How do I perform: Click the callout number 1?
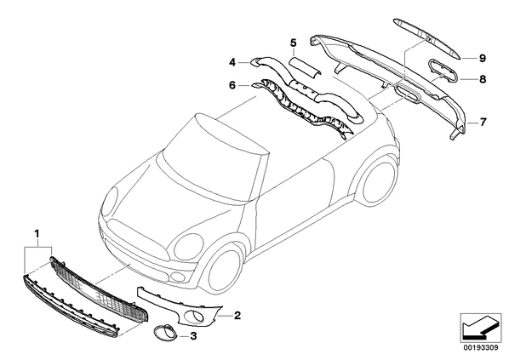click(37, 233)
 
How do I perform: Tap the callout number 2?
click(237, 315)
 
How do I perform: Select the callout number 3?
click(193, 336)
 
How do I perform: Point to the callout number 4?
click(232, 62)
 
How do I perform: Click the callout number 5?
click(294, 43)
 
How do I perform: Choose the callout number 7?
click(483, 123)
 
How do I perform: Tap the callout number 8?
click(483, 79)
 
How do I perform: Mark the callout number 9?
click(483, 59)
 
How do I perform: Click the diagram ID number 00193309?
click(481, 348)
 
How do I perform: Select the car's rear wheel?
click(379, 181)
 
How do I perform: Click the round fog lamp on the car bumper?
click(178, 277)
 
